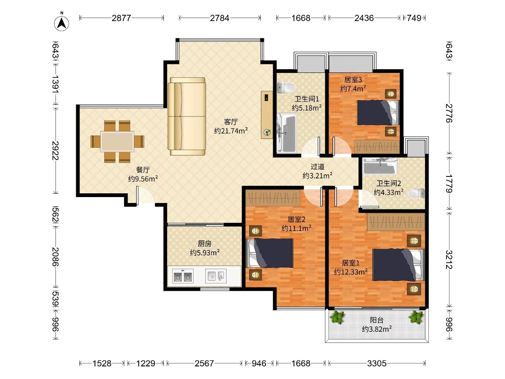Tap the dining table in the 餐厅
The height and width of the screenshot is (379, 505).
[117, 141]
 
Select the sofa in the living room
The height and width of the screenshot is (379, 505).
[186, 117]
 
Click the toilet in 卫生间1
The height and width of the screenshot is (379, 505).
[286, 88]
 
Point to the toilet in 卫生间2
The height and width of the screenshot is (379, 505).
[416, 194]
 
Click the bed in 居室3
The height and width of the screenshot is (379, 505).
[378, 112]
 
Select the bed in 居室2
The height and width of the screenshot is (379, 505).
[270, 253]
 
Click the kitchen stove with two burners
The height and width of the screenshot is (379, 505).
[183, 276]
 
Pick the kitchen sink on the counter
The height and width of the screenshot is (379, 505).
[216, 276]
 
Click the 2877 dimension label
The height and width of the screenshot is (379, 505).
[122, 18]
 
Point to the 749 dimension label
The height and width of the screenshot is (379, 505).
[414, 18]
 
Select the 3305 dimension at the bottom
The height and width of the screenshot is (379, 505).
[377, 363]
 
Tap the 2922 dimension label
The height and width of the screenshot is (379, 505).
[56, 150]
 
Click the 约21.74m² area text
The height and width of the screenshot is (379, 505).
[231, 131]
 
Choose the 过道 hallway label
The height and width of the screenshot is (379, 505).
[317, 166]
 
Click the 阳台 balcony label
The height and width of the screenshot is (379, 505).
[377, 320]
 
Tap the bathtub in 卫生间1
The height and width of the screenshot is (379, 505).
[287, 133]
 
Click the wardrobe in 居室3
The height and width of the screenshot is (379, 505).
[377, 146]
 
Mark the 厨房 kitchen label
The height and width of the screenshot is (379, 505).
[204, 243]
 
